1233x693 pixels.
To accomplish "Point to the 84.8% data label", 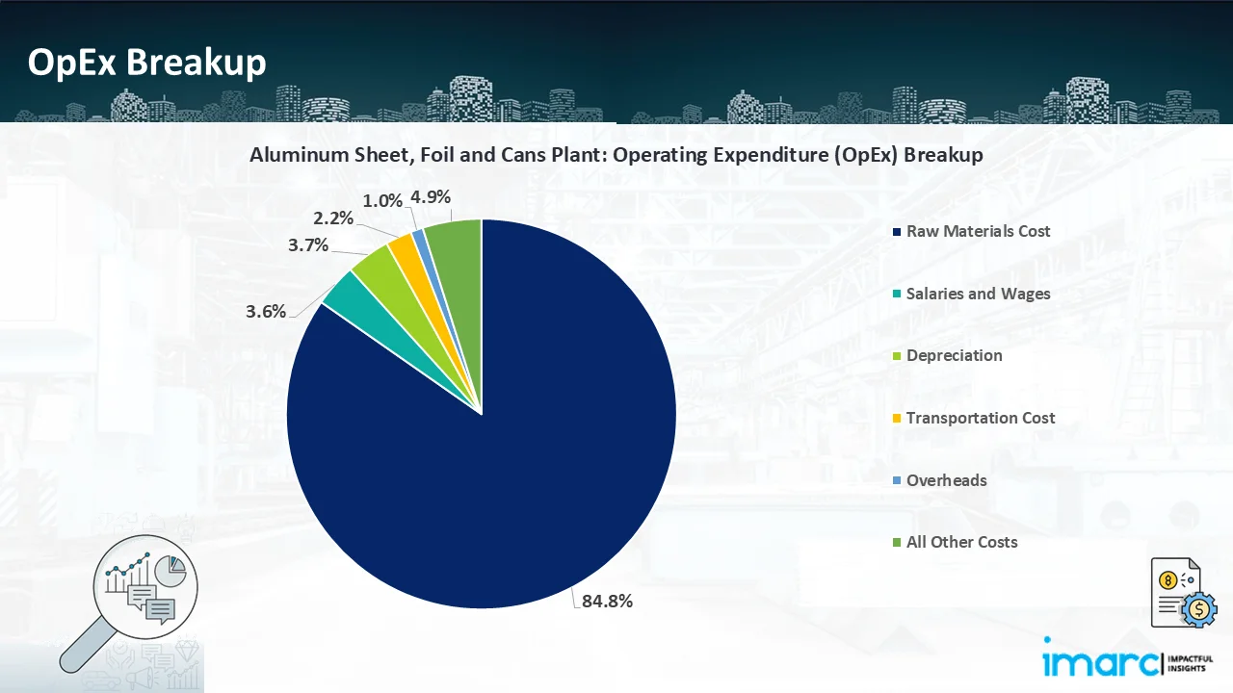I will [607, 602].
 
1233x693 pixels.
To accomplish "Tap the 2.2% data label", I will [332, 218].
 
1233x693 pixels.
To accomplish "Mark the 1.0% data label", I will [381, 200].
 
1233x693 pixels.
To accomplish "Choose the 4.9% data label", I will [430, 197].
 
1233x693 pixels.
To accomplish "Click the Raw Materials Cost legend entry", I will [978, 232].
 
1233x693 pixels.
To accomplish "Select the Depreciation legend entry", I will [954, 356].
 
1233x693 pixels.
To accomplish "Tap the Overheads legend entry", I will [946, 480].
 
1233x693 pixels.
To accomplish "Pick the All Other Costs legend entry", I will [961, 543].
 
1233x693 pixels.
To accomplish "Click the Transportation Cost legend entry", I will [980, 419].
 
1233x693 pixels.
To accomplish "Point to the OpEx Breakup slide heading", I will [146, 63].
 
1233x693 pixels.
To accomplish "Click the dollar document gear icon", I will [1183, 592].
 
